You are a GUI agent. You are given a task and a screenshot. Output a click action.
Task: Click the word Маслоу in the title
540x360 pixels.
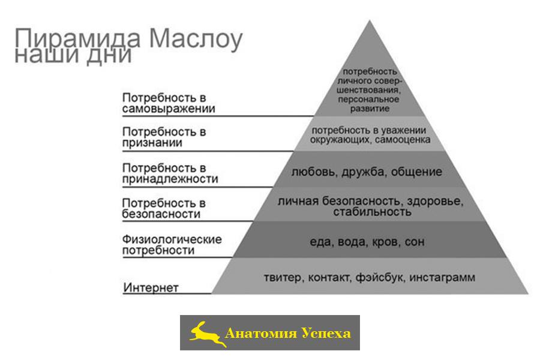pyautogui.click(x=196, y=39)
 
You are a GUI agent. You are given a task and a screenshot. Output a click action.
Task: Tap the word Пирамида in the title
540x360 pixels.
pyautogui.click(x=77, y=38)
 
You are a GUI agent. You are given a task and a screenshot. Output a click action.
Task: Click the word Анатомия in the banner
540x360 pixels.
pyautogui.click(x=260, y=333)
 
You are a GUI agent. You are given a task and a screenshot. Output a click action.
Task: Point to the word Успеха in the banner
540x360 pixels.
pyautogui.click(x=326, y=333)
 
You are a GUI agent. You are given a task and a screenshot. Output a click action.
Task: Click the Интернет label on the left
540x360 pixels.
pyautogui.click(x=151, y=287)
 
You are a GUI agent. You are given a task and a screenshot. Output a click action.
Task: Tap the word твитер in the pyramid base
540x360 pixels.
pyautogui.click(x=283, y=277)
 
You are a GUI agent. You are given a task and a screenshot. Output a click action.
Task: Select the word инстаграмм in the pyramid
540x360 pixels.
pyautogui.click(x=442, y=277)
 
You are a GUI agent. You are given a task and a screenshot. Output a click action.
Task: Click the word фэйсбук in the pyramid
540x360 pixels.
pyautogui.click(x=380, y=277)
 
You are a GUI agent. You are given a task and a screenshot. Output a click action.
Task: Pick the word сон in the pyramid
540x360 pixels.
pyautogui.click(x=415, y=242)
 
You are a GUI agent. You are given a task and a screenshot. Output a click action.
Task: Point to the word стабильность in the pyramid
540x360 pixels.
pyautogui.click(x=372, y=212)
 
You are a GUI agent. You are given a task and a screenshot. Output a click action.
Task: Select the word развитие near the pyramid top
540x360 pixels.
pyautogui.click(x=370, y=109)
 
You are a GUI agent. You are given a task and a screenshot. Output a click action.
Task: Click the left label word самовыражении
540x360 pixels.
pyautogui.click(x=169, y=109)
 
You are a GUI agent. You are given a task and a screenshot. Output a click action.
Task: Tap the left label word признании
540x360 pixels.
pyautogui.click(x=152, y=143)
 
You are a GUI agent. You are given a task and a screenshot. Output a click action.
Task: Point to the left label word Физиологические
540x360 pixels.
pyautogui.click(x=172, y=239)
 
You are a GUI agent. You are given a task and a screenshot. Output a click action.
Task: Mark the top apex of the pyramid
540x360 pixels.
pyautogui.click(x=370, y=20)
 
